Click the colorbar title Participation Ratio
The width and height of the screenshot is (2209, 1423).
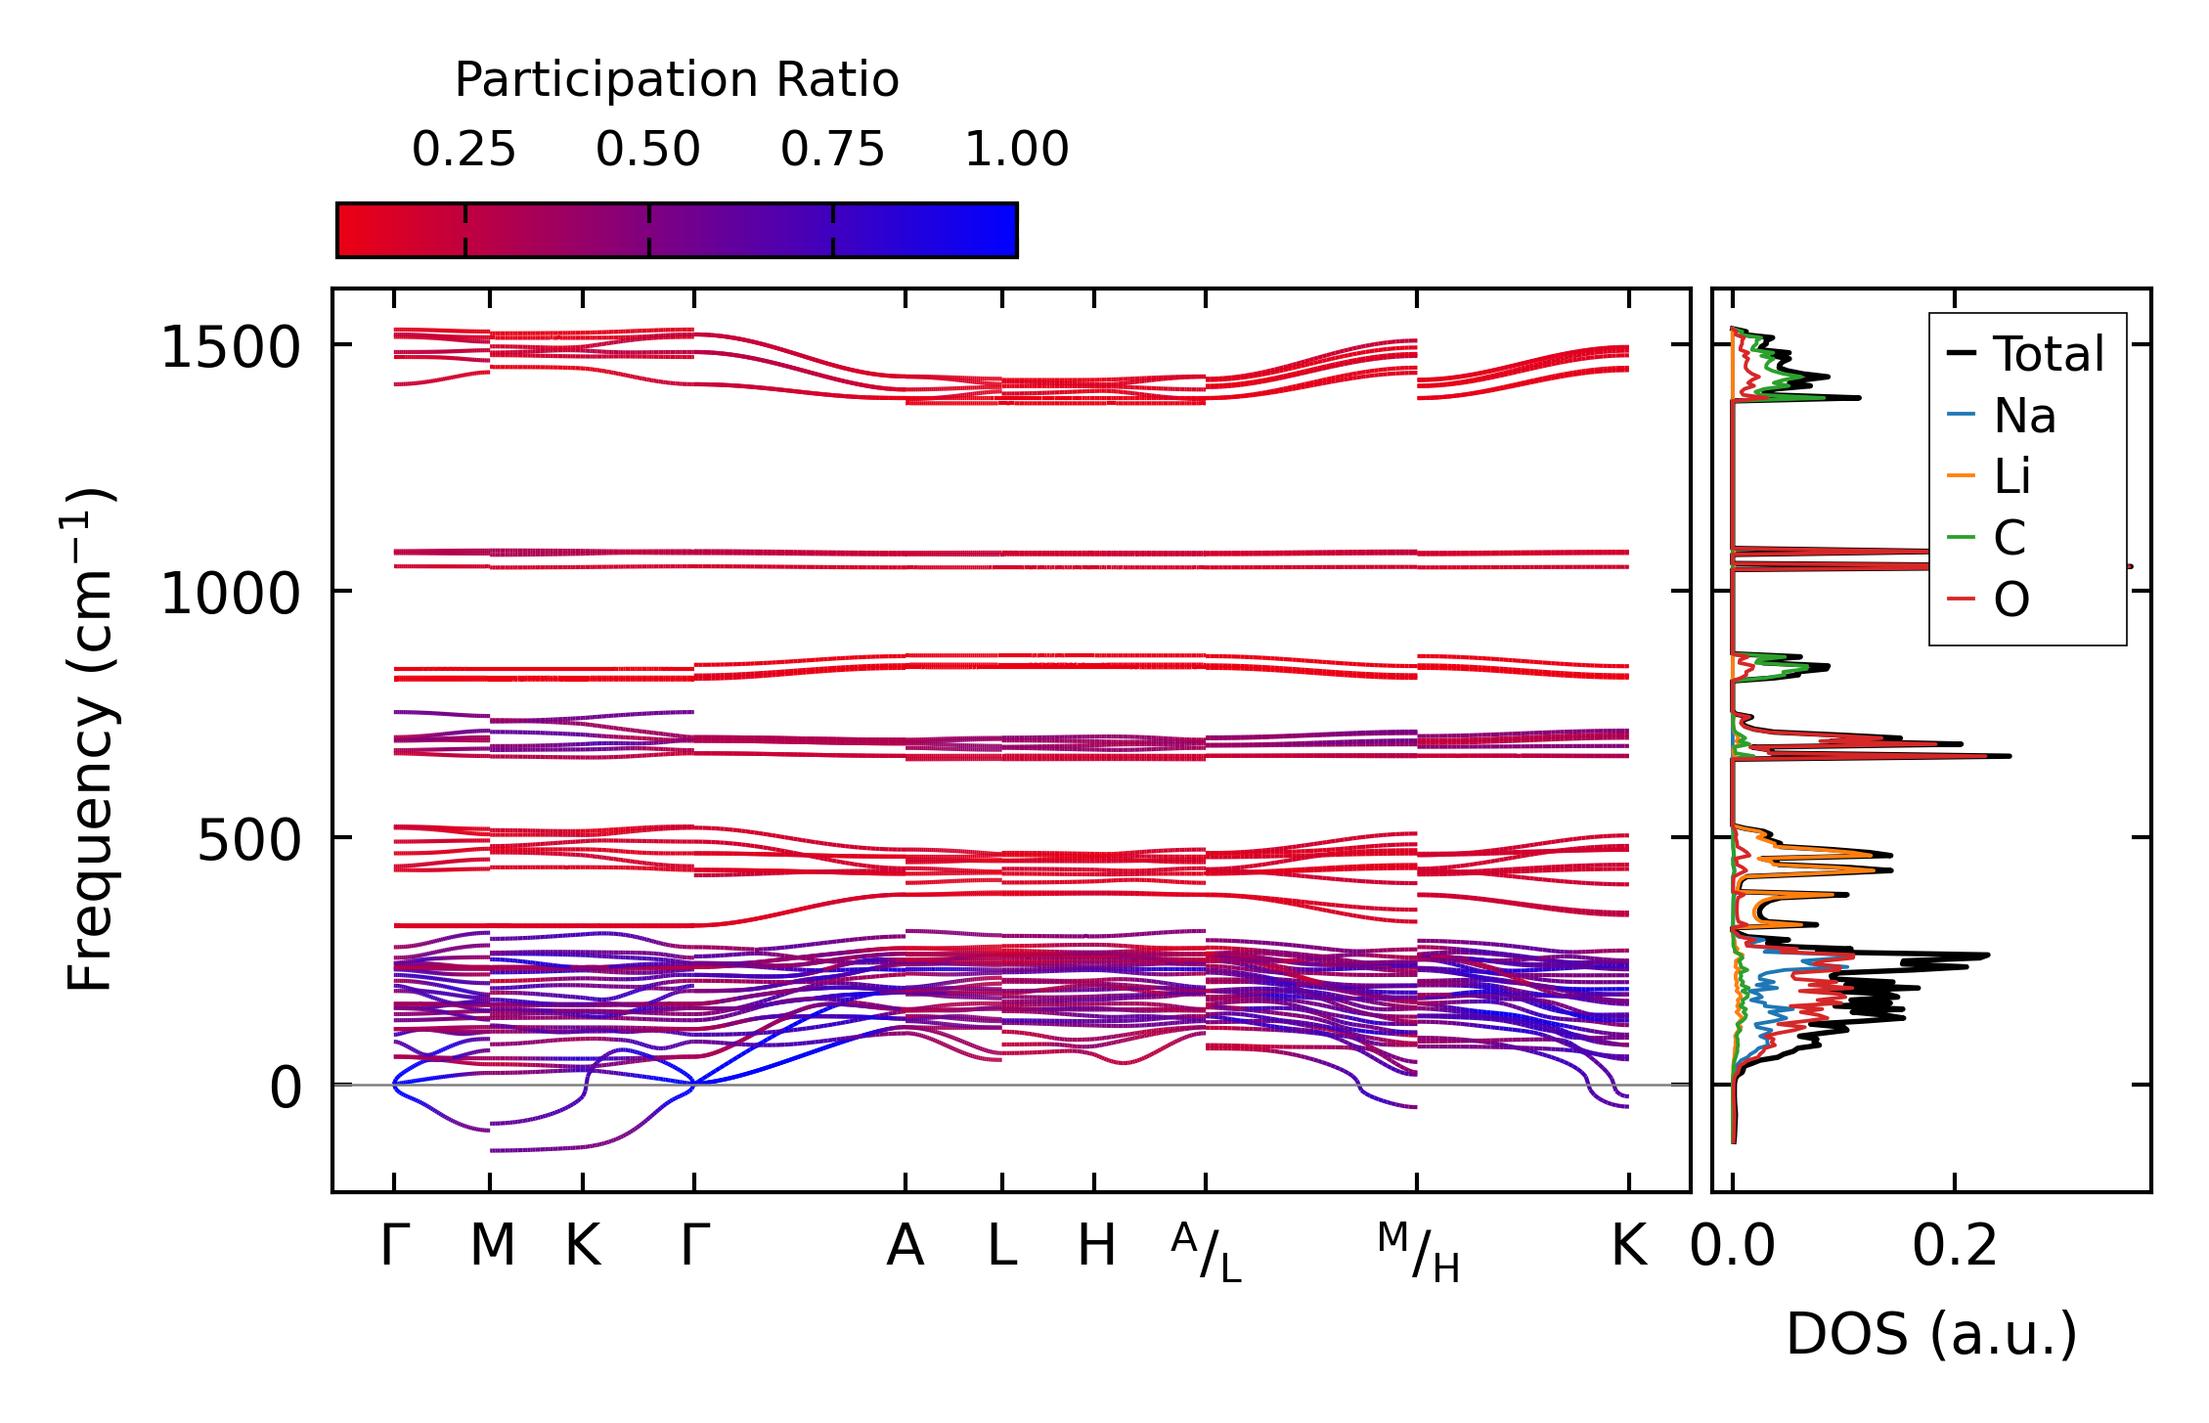676,80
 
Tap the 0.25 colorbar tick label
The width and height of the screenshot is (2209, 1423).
464,150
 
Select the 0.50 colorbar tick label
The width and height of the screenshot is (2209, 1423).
647,150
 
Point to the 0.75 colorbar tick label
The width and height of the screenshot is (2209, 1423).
832,150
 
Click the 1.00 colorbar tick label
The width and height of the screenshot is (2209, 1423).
1016,150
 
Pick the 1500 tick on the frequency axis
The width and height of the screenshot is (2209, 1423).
231,347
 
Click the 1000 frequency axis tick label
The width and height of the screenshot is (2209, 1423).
231,594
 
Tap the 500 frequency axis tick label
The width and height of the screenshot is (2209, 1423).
248,840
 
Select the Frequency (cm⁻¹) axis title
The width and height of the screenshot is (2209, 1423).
90,739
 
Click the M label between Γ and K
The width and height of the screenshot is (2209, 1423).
492,1246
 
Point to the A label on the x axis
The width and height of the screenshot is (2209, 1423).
906,1246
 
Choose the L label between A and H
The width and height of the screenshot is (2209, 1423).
1001,1246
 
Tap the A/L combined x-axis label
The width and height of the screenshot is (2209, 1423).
1206,1252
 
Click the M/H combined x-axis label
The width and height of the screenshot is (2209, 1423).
1418,1252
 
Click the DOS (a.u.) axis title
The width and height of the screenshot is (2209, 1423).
1931,1334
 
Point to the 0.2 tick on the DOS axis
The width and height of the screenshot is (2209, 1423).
1955,1246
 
